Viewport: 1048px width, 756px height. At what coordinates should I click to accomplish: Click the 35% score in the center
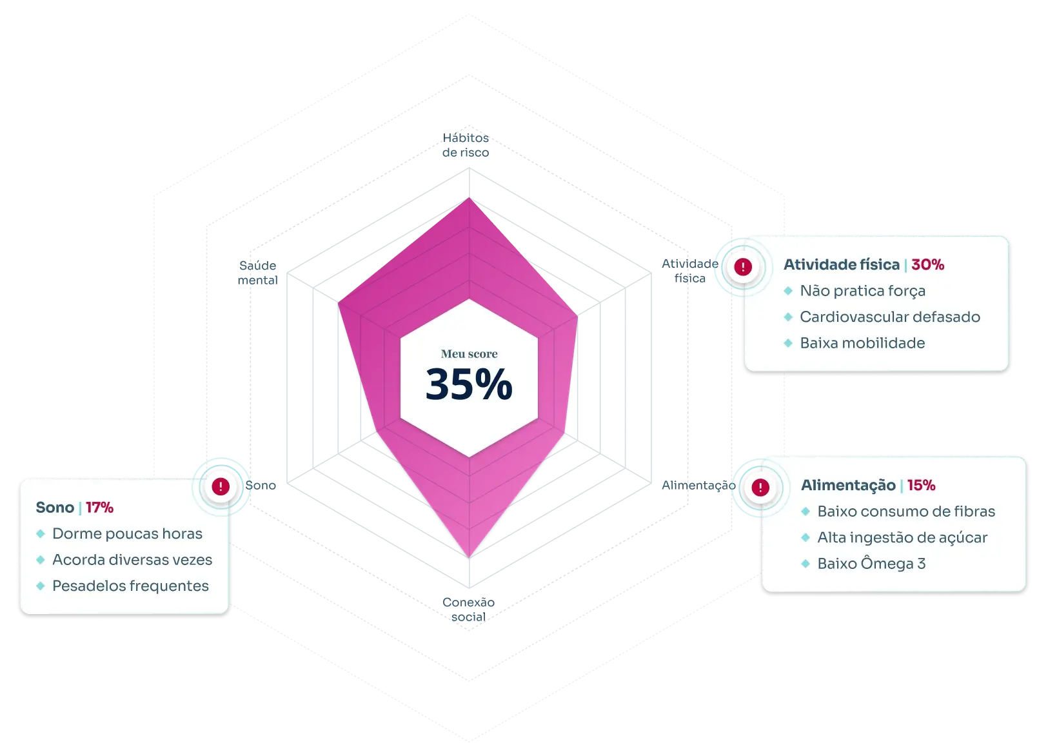tap(469, 384)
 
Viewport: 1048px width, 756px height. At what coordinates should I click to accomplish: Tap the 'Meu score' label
tap(469, 353)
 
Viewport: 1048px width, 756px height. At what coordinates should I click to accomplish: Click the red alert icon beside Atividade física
tap(743, 266)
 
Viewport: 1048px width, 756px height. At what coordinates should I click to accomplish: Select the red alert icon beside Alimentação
tap(760, 487)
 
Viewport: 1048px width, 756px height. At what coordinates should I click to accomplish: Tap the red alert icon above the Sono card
tap(221, 486)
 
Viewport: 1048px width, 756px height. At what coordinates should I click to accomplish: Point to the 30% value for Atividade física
tap(927, 264)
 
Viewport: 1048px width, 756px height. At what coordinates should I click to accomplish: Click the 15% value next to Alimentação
tap(921, 485)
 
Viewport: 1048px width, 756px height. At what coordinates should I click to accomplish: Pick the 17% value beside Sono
tap(99, 508)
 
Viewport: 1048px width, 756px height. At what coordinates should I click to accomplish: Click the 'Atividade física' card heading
tap(841, 264)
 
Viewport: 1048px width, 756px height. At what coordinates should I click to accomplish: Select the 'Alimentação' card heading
tap(847, 485)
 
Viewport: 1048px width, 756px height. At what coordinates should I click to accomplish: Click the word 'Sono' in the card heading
tap(55, 508)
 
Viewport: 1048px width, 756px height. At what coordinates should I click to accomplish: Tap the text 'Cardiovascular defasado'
tap(889, 317)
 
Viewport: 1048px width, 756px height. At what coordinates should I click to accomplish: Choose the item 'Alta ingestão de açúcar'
tap(902, 537)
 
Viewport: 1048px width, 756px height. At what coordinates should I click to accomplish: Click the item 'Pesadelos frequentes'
tap(130, 586)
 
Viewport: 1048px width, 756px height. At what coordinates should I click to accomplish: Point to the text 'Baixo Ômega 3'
tap(871, 564)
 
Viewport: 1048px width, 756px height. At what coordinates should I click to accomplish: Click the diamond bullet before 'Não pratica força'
tap(787, 291)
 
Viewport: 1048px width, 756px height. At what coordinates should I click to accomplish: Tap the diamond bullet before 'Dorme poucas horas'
tap(41, 534)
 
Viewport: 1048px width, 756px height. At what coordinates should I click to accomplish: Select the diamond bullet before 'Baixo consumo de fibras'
tap(805, 512)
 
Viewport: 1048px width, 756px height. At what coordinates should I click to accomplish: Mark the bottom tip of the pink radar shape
tap(470, 557)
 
